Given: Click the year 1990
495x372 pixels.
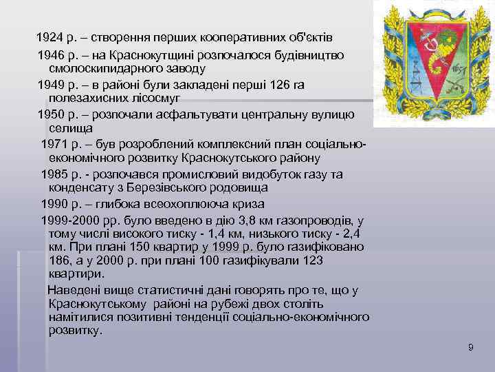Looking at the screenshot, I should coord(54,205).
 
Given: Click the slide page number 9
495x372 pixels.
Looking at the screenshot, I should coord(470,349).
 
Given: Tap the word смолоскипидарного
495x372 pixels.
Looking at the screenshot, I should coord(102,69).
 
